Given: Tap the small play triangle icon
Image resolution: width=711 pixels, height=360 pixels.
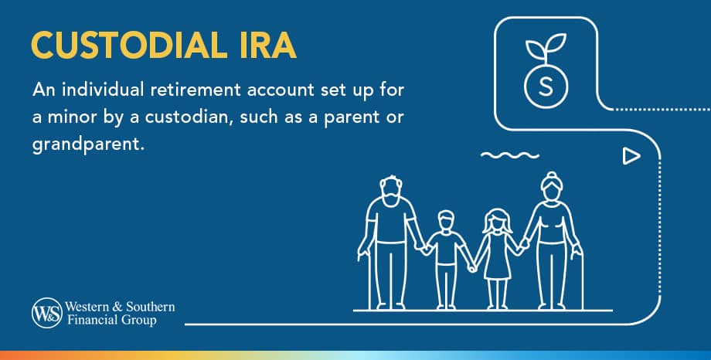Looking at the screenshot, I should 631,157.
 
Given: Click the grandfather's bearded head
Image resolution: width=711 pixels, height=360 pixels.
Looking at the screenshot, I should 391,192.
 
